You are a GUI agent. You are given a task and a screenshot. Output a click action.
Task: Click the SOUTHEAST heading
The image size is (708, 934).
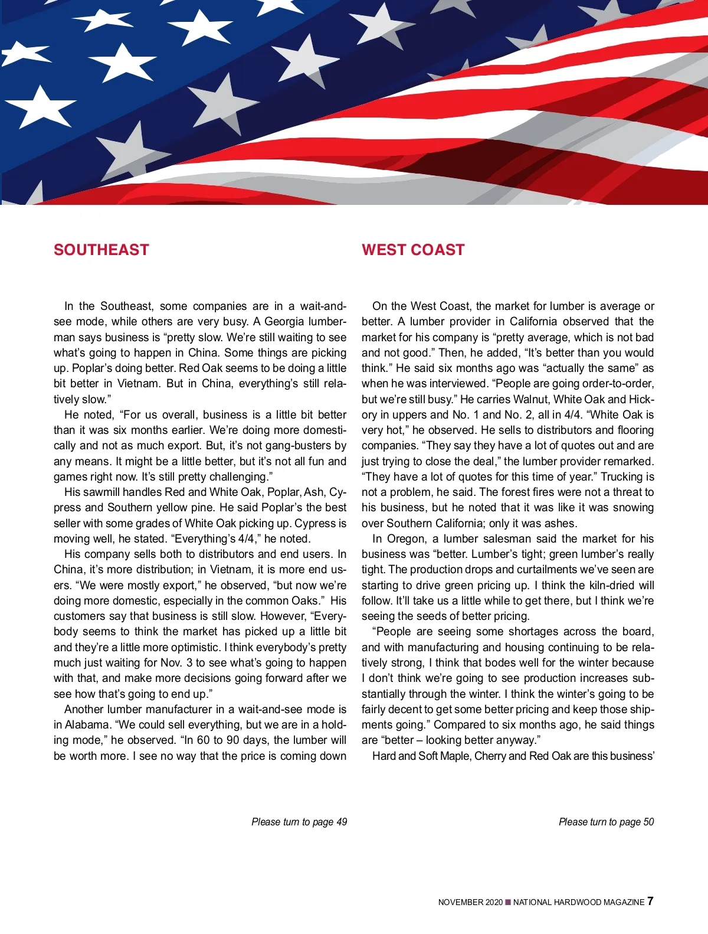(101, 250)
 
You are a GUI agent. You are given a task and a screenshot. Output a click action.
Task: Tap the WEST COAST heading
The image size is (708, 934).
(413, 250)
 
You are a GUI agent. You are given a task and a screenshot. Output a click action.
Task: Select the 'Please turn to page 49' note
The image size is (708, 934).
(299, 822)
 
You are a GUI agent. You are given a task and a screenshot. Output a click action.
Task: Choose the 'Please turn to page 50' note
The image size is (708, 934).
(606, 822)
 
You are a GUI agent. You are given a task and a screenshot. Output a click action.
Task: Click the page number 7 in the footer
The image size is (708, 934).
(650, 901)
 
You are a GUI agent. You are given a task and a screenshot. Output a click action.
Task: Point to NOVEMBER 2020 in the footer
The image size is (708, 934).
(470, 902)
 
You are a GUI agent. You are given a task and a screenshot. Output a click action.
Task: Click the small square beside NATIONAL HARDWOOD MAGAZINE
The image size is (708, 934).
(508, 902)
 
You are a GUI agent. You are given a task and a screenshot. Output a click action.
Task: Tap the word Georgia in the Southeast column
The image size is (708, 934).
(284, 322)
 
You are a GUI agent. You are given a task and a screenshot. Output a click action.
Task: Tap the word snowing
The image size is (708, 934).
(631, 508)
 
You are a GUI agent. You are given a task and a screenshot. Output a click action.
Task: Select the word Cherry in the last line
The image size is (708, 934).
(491, 756)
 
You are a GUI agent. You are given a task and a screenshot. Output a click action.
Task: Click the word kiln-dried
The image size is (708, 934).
(607, 585)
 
